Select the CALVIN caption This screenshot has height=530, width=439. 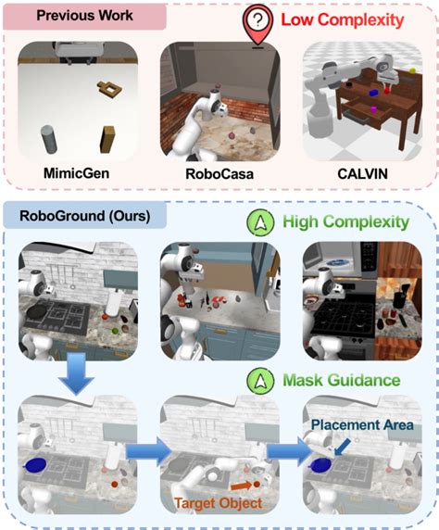359,171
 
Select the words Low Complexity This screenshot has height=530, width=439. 344,19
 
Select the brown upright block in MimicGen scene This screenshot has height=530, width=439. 108,138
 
